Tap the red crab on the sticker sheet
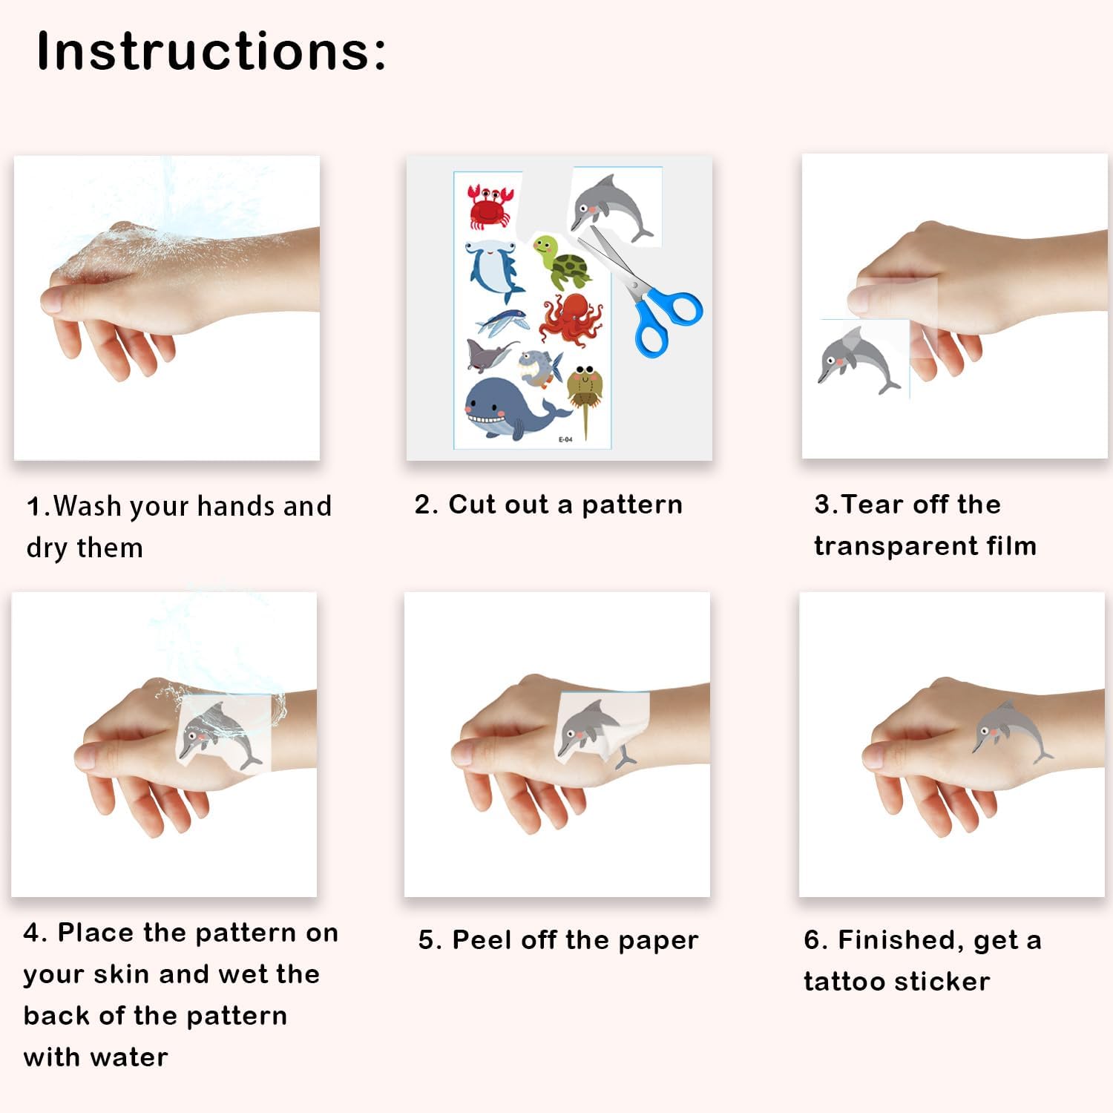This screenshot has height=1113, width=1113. click(x=490, y=206)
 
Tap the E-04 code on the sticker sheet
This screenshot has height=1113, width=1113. click(x=565, y=439)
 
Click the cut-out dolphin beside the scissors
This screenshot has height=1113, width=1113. click(x=610, y=207)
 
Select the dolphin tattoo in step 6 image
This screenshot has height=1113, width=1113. click(x=1011, y=731)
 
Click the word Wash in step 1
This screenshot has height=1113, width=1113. click(x=88, y=506)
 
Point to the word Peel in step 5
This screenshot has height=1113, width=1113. click(x=483, y=940)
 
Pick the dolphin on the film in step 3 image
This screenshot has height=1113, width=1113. click(x=858, y=360)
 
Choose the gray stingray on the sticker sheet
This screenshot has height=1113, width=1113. click(x=490, y=354)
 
